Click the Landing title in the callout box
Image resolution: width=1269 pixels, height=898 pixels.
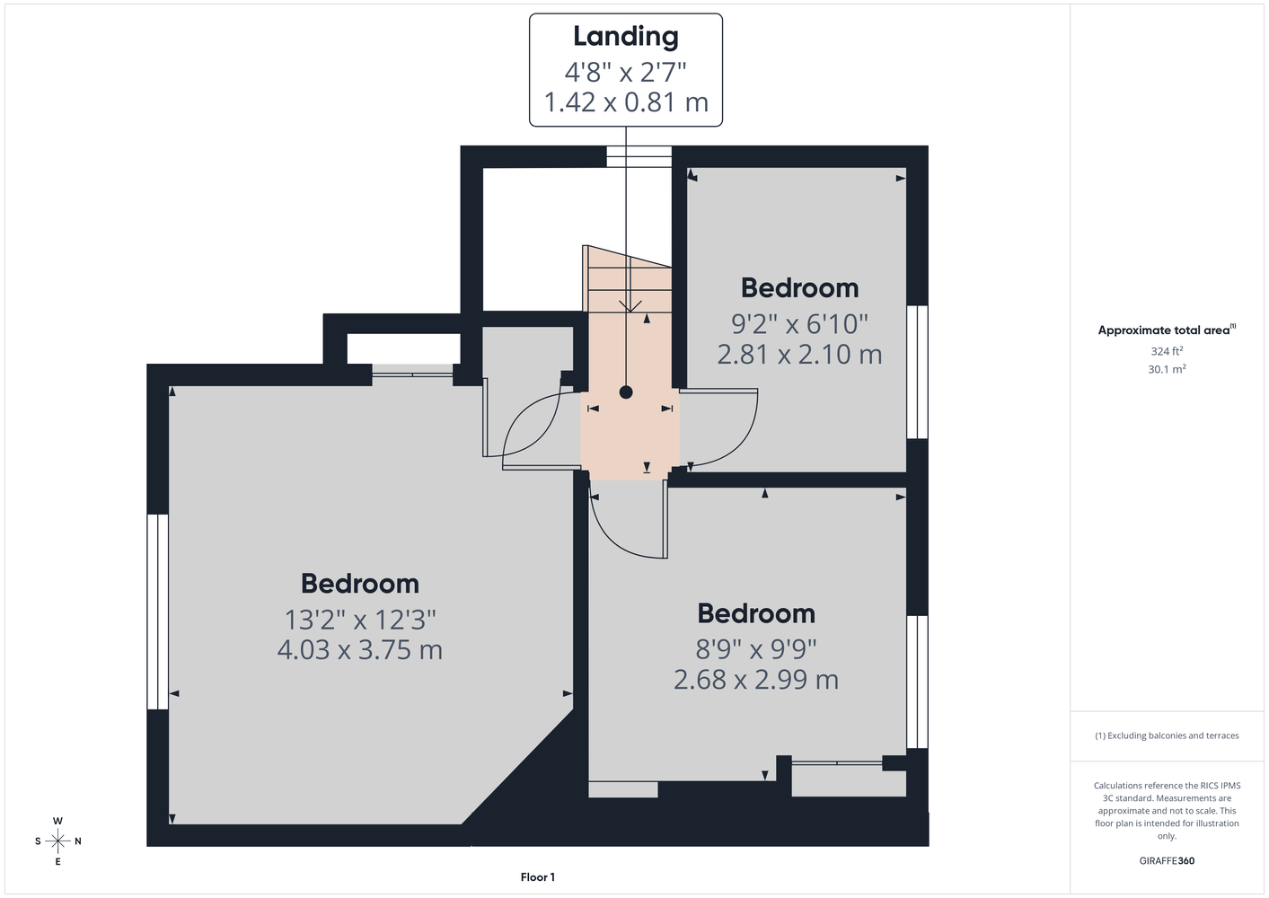(625, 36)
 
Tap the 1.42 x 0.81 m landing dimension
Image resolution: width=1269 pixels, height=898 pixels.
(626, 102)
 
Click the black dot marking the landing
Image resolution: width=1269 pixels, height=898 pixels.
(626, 392)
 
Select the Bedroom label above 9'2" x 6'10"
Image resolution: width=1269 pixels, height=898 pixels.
(799, 288)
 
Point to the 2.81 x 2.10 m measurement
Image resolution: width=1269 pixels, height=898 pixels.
(799, 354)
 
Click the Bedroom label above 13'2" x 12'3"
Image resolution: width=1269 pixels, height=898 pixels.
(360, 584)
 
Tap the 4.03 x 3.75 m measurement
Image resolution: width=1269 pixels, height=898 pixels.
(360, 649)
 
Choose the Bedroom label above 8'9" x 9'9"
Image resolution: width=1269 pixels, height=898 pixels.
(756, 613)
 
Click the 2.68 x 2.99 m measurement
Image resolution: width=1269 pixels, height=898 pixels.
(755, 679)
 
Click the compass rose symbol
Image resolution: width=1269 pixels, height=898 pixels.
(57, 841)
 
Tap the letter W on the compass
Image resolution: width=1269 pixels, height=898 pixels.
(57, 821)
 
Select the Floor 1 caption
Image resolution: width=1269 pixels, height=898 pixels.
(538, 877)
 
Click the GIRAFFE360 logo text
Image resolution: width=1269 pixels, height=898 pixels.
(1167, 860)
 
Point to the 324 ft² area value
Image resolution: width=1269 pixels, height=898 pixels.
(1167, 351)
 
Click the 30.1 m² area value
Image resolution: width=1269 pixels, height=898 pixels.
(1167, 369)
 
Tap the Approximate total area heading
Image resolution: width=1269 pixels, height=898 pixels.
(1167, 330)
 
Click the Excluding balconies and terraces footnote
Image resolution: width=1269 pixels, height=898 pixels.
(1167, 735)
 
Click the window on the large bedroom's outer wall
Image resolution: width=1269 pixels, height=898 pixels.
(158, 612)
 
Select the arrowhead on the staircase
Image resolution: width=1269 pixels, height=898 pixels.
(630, 306)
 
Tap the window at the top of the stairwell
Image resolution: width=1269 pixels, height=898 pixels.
(639, 157)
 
